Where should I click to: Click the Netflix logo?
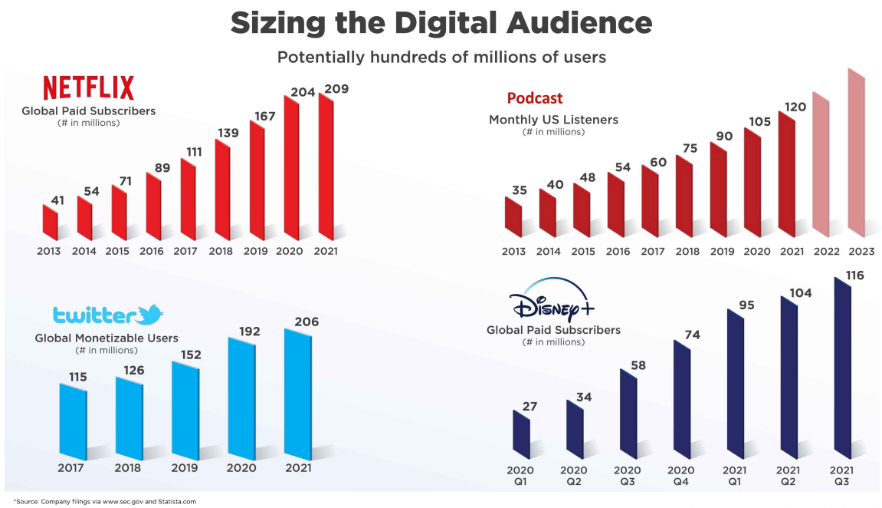click(x=89, y=87)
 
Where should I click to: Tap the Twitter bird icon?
click(x=150, y=315)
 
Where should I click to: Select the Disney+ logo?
click(x=552, y=299)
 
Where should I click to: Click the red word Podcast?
click(x=534, y=98)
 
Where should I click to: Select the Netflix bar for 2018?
click(x=222, y=190)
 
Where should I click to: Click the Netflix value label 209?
click(x=336, y=89)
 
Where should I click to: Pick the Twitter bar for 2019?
click(x=185, y=410)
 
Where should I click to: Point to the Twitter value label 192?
click(x=249, y=332)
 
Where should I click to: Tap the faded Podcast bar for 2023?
click(x=856, y=153)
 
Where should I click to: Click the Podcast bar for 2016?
click(x=616, y=204)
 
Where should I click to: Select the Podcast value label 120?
click(x=795, y=107)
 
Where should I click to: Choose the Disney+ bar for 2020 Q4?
click(x=682, y=399)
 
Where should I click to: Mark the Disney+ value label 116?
click(x=854, y=275)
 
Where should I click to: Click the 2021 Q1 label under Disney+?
click(x=734, y=475)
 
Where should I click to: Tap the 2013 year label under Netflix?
click(x=49, y=251)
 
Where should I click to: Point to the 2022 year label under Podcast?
click(x=826, y=251)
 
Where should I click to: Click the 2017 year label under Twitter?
click(x=70, y=467)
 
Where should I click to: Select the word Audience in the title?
click(x=579, y=23)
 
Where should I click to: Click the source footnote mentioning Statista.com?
click(x=105, y=501)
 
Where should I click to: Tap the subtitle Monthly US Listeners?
click(x=553, y=120)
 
